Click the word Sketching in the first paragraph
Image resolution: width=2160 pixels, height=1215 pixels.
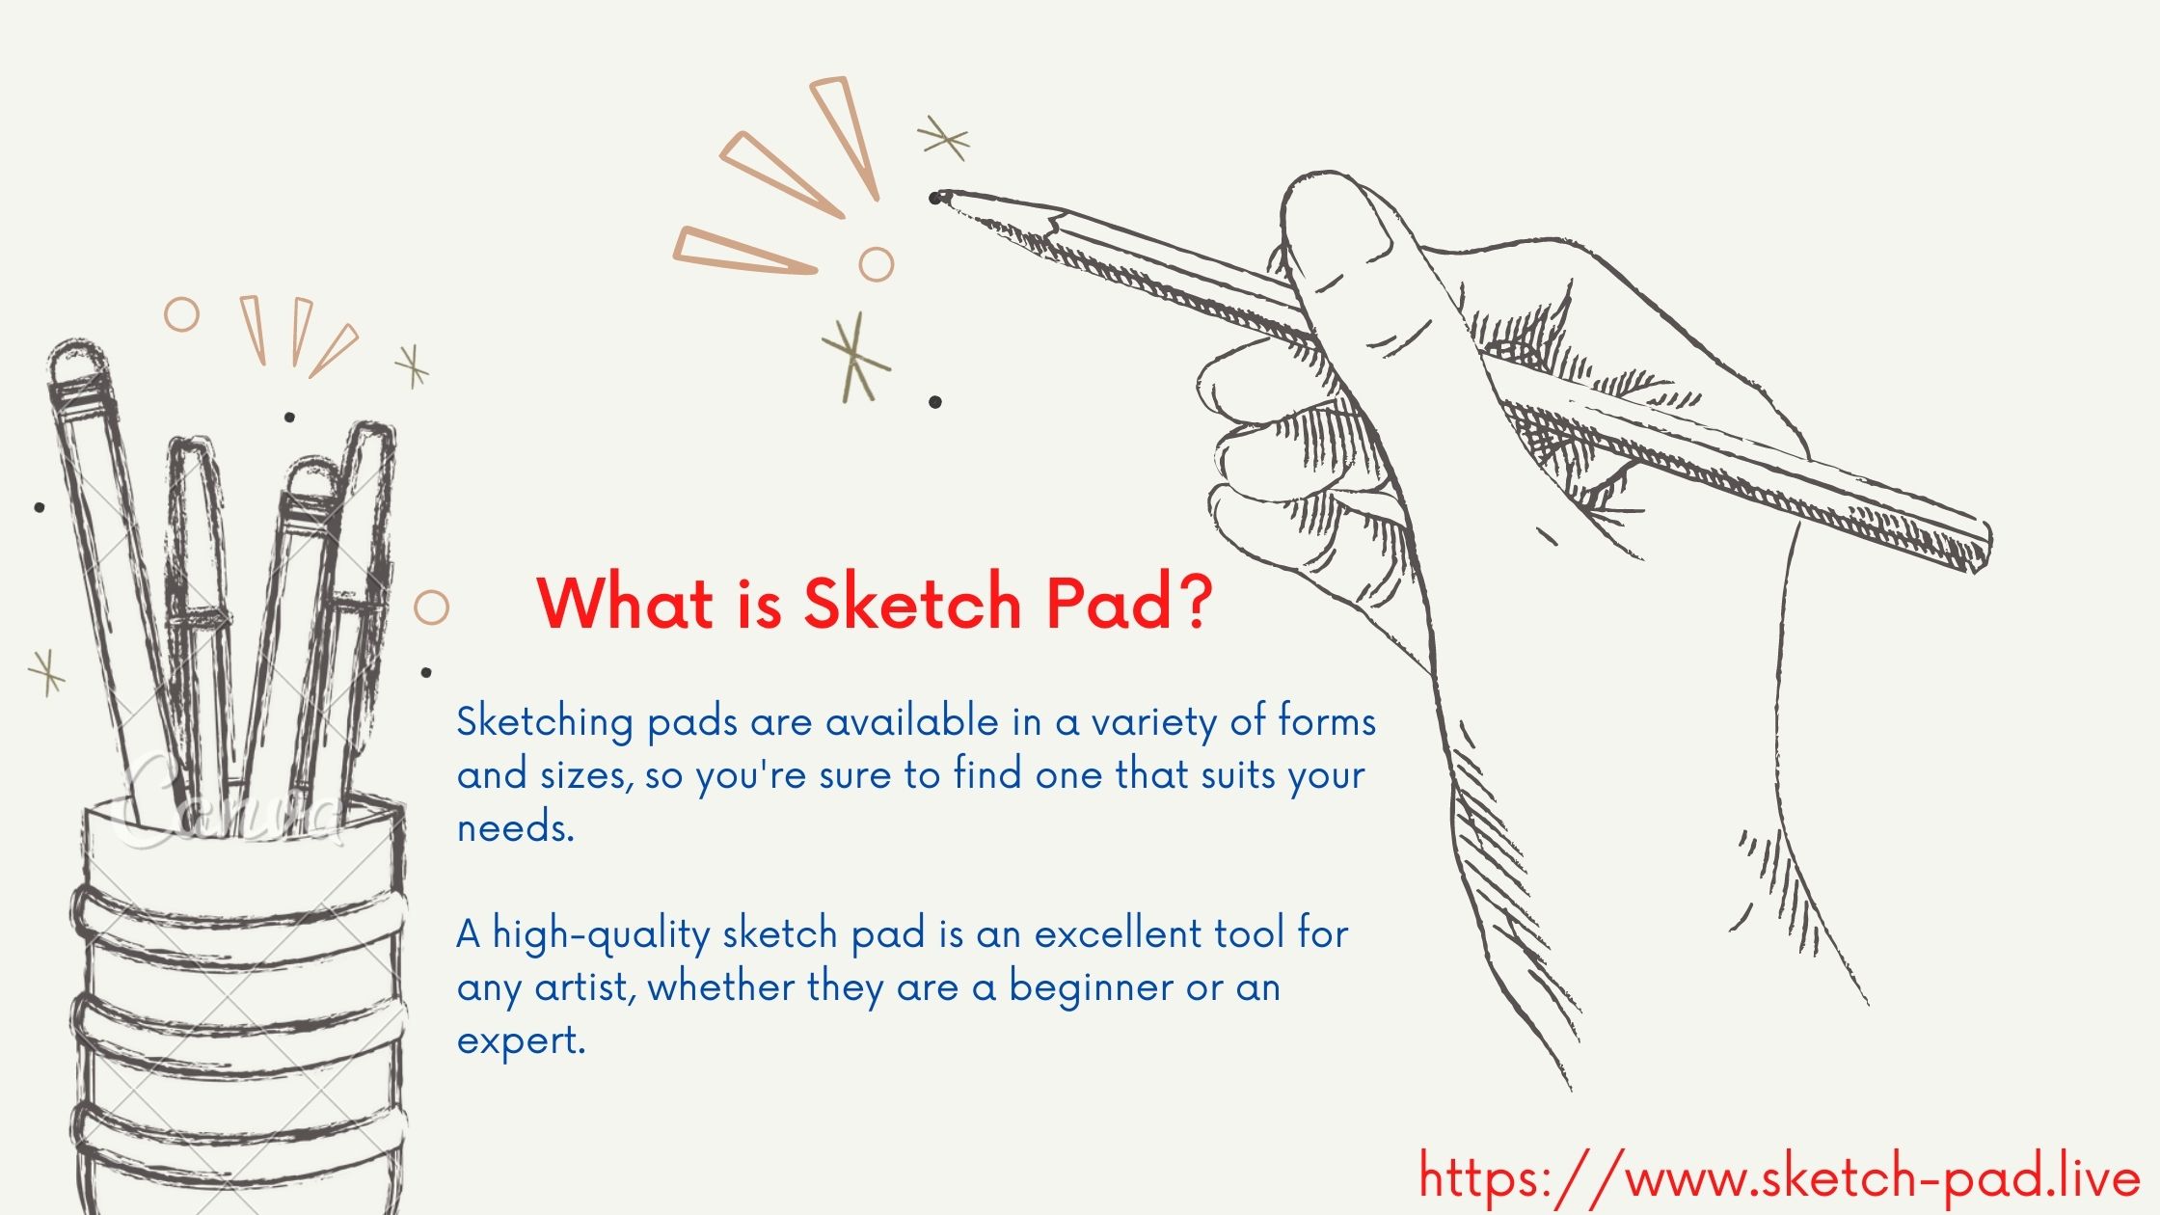tap(545, 723)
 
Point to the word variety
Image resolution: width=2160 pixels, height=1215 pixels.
tap(1153, 723)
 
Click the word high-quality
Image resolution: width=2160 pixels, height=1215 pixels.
tap(602, 935)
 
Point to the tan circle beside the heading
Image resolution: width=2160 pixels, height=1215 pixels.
tap(431, 607)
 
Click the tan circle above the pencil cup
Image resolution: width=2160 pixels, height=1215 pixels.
tap(181, 314)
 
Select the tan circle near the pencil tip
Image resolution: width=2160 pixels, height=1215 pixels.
tap(876, 263)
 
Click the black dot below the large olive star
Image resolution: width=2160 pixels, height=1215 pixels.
tap(935, 402)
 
